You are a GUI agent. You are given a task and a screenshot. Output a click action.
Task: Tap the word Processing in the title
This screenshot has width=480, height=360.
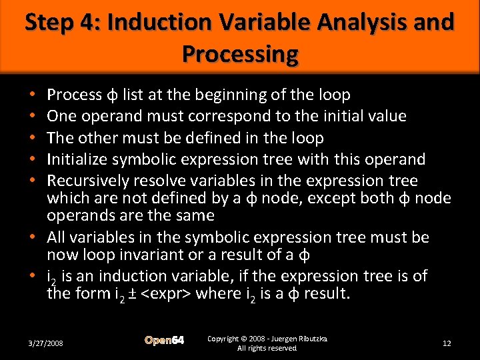tap(239, 53)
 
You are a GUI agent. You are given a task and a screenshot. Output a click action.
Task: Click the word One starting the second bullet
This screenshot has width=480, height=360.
tap(63, 117)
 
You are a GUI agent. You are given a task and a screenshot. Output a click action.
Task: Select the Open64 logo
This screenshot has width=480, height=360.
tap(165, 341)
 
